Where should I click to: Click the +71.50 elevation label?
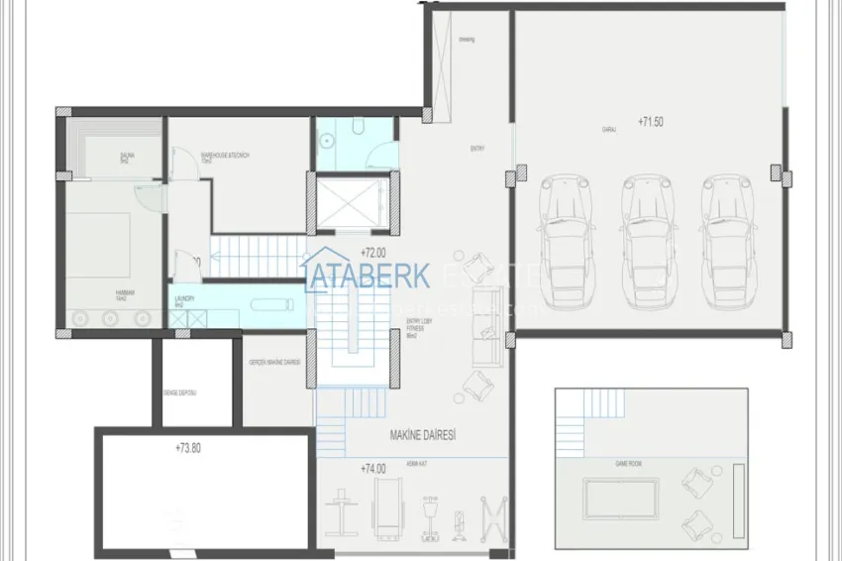651,121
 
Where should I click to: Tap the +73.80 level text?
188,448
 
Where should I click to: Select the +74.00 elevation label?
372,468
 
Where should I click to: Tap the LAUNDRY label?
184,298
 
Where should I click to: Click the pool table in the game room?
621,499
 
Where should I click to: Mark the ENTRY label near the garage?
477,149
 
